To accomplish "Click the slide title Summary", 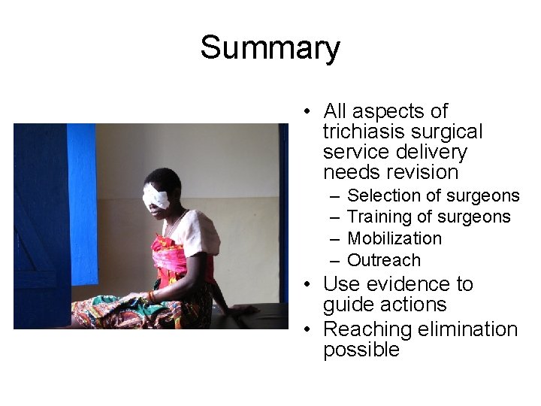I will (270, 48).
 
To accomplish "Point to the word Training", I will (379, 217).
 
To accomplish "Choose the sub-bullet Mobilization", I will (394, 238).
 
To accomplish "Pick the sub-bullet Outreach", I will (383, 260).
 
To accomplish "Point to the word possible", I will (361, 350).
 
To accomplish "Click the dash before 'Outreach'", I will (333, 260).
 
